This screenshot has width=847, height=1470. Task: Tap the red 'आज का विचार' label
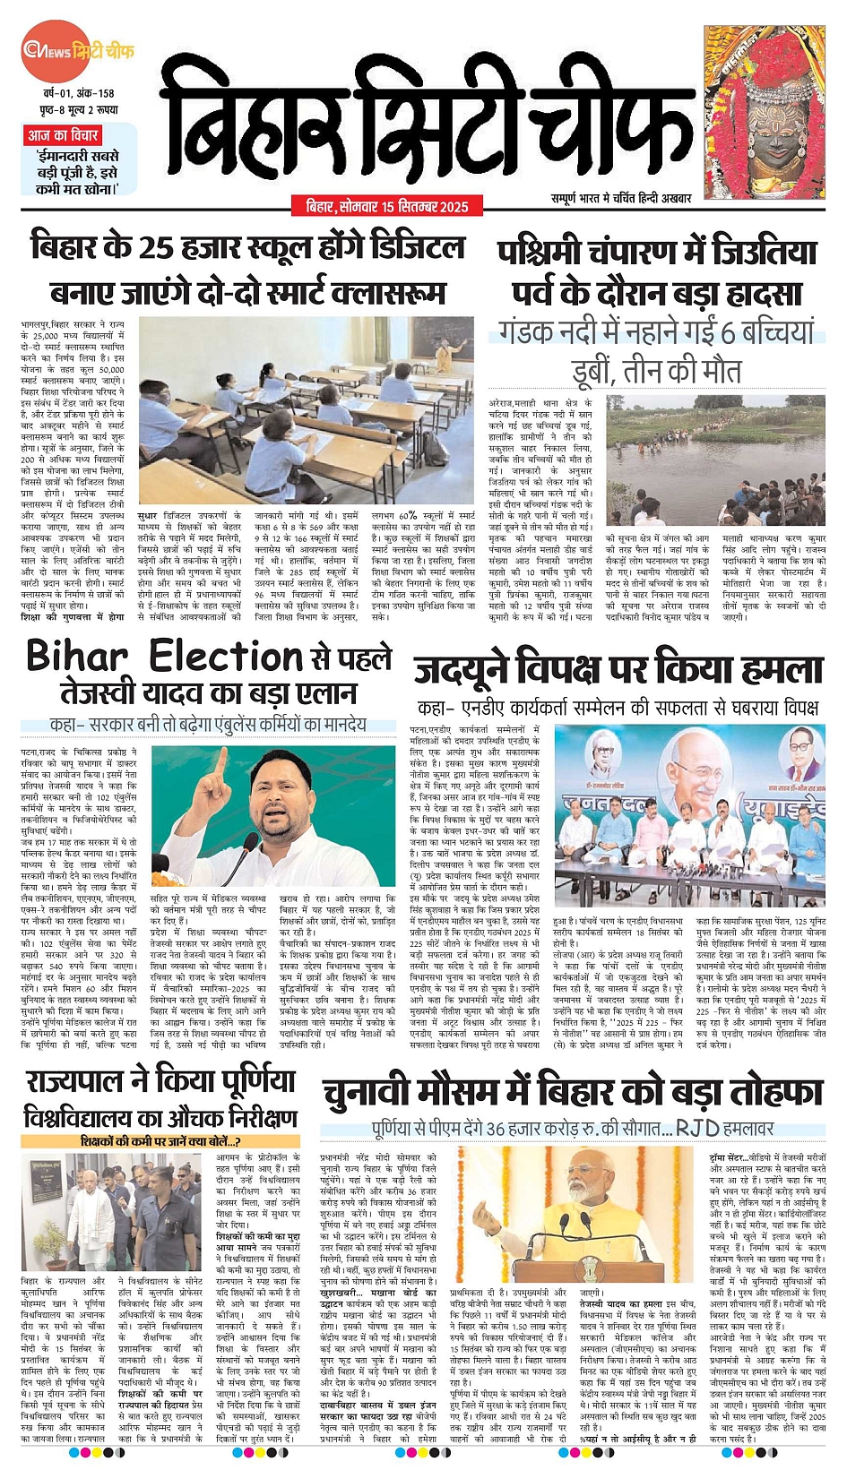pos(62,135)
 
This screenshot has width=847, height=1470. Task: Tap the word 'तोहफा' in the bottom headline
pos(774,1093)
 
